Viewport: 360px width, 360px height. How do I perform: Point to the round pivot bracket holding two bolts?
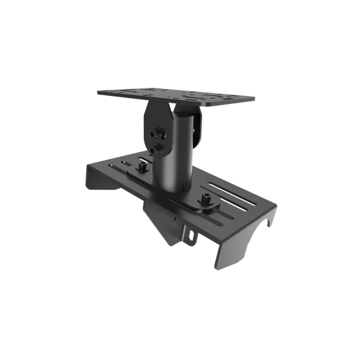pos(154,132)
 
